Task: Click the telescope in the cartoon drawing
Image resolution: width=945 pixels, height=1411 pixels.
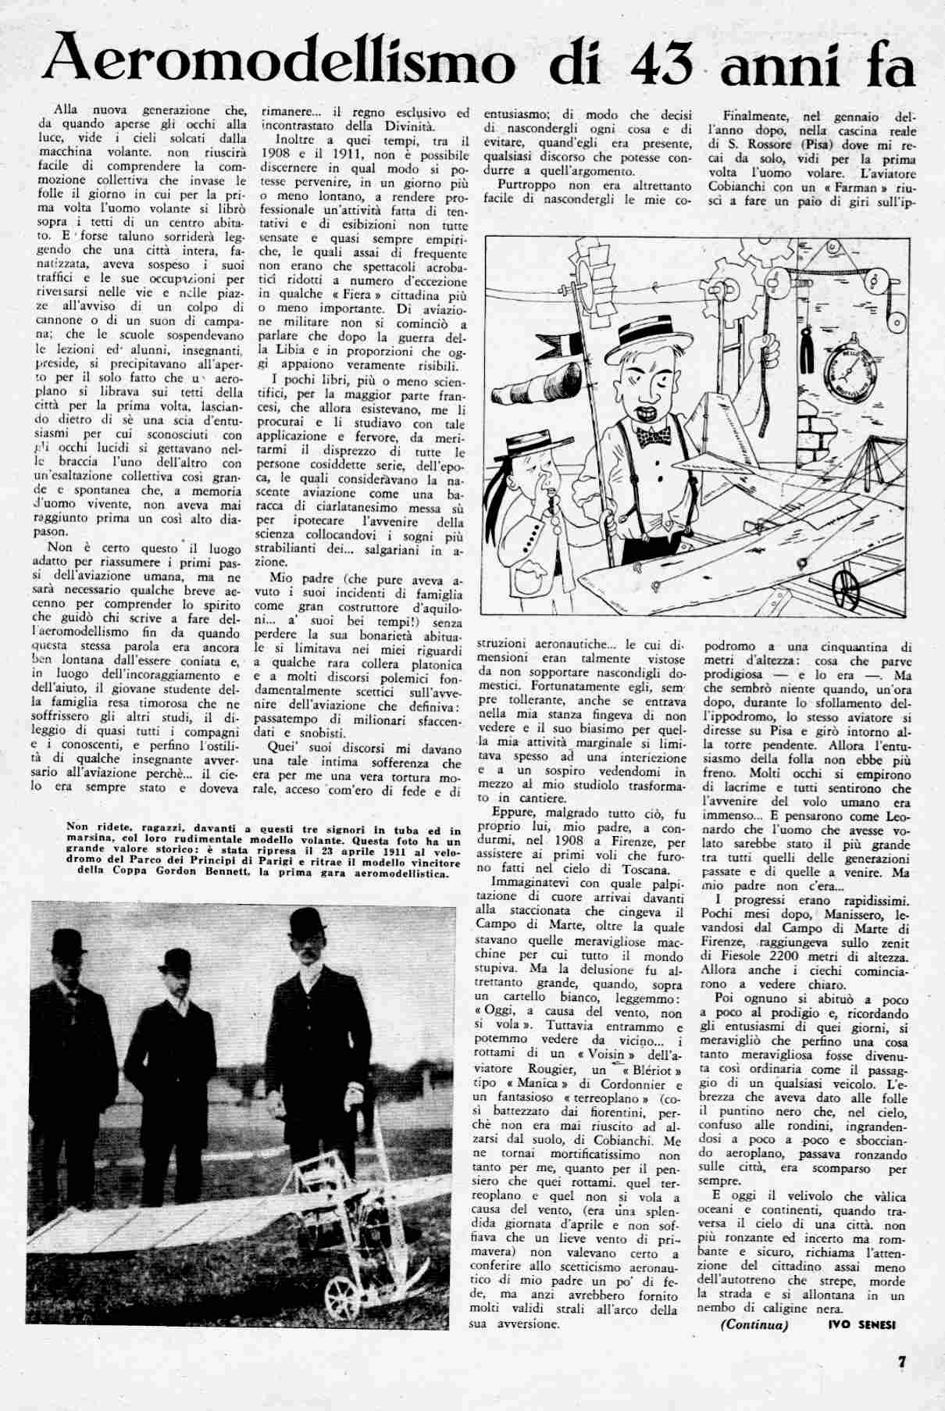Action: pos(562,398)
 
